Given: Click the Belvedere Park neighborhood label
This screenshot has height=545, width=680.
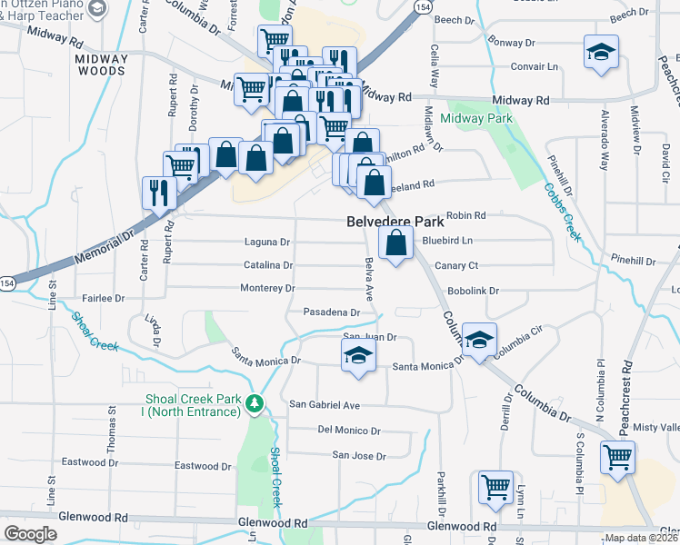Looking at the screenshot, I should [x=394, y=221].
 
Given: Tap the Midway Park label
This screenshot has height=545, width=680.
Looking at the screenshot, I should [x=476, y=118].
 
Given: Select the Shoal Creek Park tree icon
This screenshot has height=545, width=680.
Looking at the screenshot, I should [x=257, y=401].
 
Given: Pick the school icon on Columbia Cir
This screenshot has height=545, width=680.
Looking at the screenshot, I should [x=479, y=341].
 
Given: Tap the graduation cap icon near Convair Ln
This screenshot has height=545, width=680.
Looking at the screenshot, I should [x=601, y=52].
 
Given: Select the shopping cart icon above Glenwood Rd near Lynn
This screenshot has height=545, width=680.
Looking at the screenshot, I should [x=495, y=487].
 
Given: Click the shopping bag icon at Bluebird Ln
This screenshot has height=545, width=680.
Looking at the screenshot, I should [x=395, y=243].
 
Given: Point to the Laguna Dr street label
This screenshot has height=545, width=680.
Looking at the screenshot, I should [x=267, y=243].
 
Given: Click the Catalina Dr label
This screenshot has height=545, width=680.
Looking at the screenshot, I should [x=268, y=265].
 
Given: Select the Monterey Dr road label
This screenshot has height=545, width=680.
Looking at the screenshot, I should [x=267, y=288].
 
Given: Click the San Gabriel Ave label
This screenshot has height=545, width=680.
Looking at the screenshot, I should [x=325, y=404].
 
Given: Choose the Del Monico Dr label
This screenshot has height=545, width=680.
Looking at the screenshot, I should [x=349, y=430].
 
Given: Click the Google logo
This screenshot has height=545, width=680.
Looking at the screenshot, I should [x=31, y=533].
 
